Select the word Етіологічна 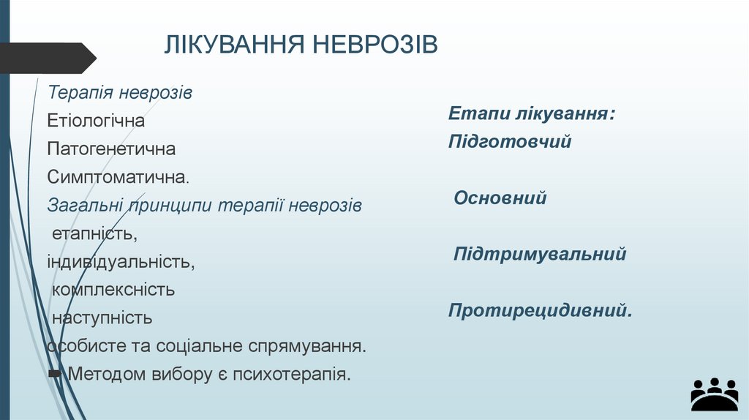tap(96, 121)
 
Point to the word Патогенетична tap(111, 149)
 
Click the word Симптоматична tap(117, 177)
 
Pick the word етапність tap(94, 234)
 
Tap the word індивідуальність tap(121, 261)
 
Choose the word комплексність tap(113, 289)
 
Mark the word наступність tap(102, 318)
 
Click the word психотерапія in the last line tap(292, 374)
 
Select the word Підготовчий tap(510, 141)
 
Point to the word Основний tap(500, 198)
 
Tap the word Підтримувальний tap(540, 254)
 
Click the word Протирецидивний tap(540, 311)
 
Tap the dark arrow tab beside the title tap(48, 58)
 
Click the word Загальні tap(86, 206)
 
